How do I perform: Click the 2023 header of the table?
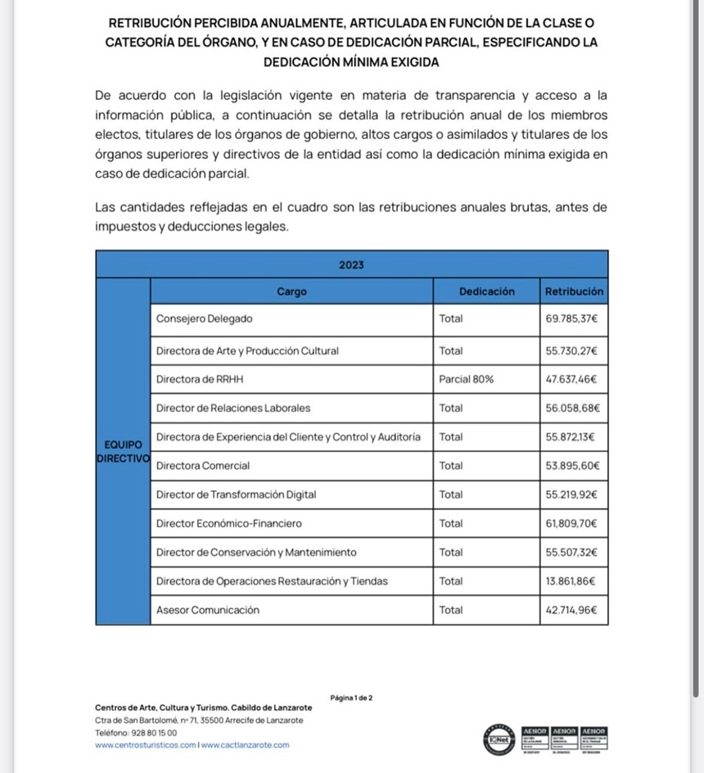click(x=351, y=265)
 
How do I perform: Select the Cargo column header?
click(x=291, y=292)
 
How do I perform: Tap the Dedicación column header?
click(x=486, y=292)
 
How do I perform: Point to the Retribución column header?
click(x=574, y=292)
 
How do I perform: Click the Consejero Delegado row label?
click(x=205, y=319)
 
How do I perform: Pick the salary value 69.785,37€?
click(x=571, y=319)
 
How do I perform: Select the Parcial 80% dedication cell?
click(x=467, y=379)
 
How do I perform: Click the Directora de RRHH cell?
click(x=200, y=379)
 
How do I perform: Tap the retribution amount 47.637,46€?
click(x=571, y=379)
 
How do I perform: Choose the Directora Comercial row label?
click(x=203, y=466)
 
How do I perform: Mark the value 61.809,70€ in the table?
click(x=571, y=523)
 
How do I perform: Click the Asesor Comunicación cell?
click(x=208, y=610)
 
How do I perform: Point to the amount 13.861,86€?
click(x=571, y=581)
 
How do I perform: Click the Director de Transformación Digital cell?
click(x=236, y=495)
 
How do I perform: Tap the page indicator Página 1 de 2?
click(x=351, y=698)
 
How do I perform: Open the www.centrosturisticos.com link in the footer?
click(x=146, y=745)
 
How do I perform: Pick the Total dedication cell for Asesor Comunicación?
click(x=451, y=610)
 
